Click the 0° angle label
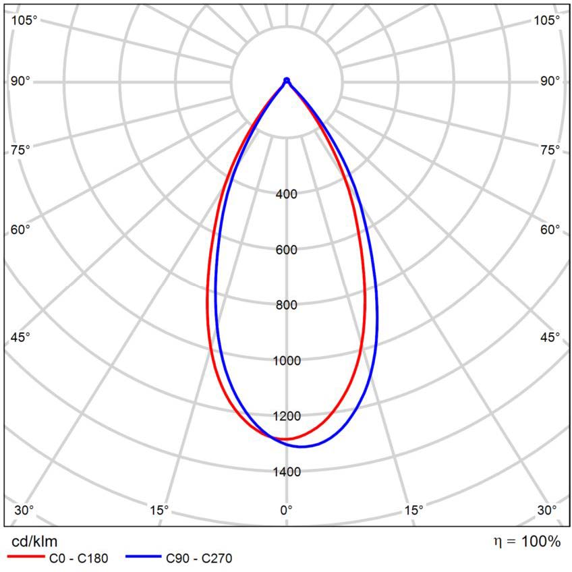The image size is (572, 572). pos(287,510)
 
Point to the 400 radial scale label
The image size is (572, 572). pos(287,194)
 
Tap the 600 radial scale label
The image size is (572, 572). pos(287,250)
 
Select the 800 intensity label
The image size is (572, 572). pos(287,305)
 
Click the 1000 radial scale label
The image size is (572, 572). pos(287,360)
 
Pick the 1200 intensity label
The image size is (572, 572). pos(287,416)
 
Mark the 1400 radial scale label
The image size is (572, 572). pos(287,471)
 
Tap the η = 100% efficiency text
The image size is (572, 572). pos(527,541)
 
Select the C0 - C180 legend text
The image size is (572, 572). pos(78,558)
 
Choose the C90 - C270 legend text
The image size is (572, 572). pos(199,558)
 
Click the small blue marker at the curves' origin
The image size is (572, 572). pos(287,81)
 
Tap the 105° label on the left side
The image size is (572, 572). pos(24,20)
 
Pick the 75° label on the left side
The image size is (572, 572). pos(21,149)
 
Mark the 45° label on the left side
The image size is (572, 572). pos(21,337)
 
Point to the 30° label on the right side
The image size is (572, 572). pos(547,510)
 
